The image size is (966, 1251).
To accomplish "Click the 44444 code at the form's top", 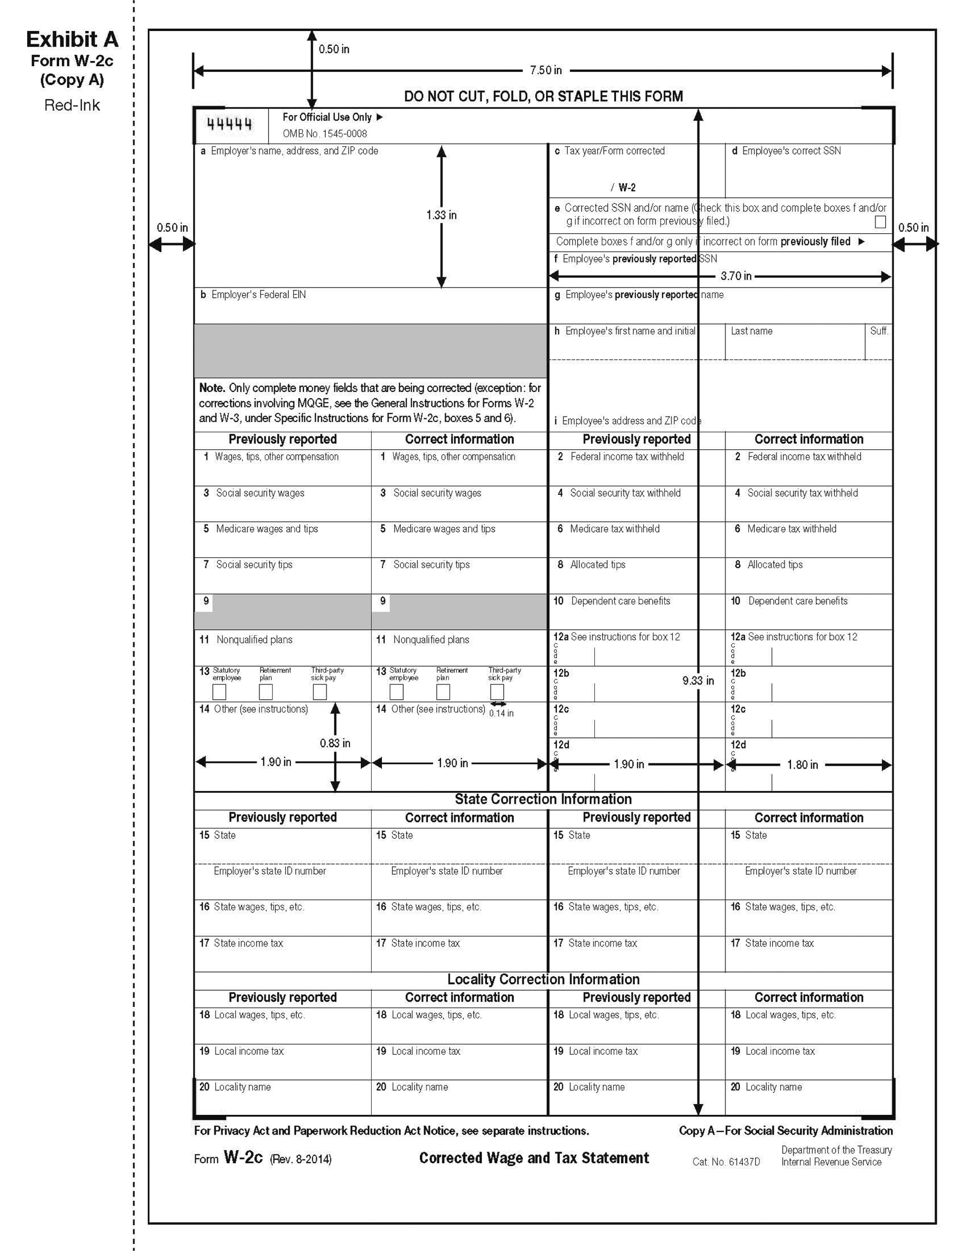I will click(x=229, y=124).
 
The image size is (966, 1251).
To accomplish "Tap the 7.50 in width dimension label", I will click(x=545, y=71).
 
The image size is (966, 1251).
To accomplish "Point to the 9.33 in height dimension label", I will click(x=697, y=680).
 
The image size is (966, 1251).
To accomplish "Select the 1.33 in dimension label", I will click(x=441, y=215).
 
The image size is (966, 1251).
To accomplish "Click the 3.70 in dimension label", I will click(x=736, y=276).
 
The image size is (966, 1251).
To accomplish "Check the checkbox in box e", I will click(x=880, y=222).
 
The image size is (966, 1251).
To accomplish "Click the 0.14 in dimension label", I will click(x=501, y=713).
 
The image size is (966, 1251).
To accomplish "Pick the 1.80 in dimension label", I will click(x=802, y=765).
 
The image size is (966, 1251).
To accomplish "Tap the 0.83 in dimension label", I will click(x=335, y=743).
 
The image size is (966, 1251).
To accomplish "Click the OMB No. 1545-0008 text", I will click(x=325, y=134).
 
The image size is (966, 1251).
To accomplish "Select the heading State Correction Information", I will click(x=543, y=799).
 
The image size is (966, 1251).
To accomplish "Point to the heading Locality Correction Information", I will click(x=543, y=979).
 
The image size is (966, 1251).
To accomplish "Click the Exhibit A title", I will click(x=72, y=39).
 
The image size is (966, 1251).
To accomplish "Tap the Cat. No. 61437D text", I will click(x=726, y=1162).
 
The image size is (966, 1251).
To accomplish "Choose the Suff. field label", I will click(x=879, y=331).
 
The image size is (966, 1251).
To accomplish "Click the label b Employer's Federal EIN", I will click(x=253, y=294).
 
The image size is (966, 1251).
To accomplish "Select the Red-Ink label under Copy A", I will click(x=72, y=106).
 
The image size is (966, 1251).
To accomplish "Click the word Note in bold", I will click(x=212, y=388).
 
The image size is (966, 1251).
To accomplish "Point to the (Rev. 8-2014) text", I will click(x=301, y=1159).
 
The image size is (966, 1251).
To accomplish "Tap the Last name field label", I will click(x=751, y=331).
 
